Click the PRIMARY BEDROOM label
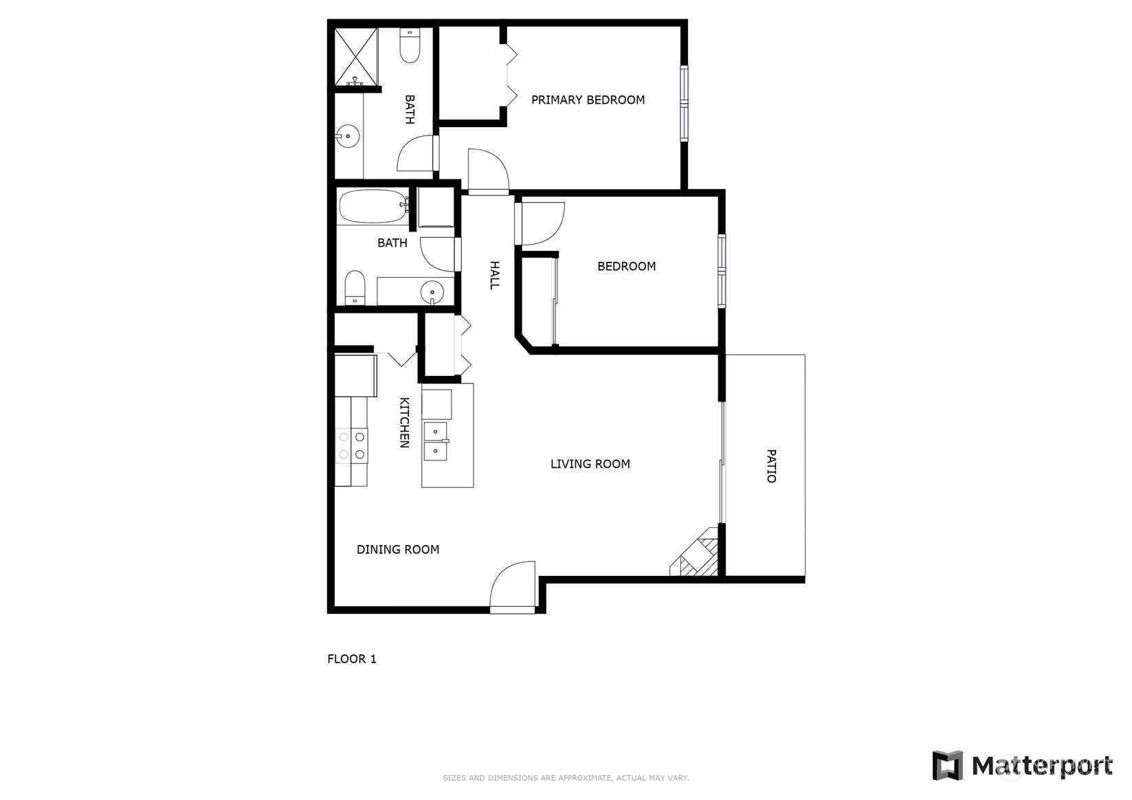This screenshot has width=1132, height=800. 588,100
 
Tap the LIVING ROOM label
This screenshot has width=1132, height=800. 590,464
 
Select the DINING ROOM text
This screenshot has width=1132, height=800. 398,549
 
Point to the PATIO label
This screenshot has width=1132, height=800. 771,466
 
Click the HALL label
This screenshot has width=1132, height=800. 494,276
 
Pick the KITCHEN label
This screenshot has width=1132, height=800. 404,423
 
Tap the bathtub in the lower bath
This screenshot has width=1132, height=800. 373,206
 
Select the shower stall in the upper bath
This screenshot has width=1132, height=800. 356,56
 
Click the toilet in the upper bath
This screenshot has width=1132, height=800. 410,45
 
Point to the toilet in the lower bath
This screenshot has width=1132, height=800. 355,287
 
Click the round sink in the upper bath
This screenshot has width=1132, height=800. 348,137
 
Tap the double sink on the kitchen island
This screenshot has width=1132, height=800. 436,441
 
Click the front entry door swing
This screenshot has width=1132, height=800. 513,587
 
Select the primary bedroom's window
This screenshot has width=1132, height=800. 684,103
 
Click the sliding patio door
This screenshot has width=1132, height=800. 722,463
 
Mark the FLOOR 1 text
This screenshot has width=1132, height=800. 352,659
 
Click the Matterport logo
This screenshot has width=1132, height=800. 1022,766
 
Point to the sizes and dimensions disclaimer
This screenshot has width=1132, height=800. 566,778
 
